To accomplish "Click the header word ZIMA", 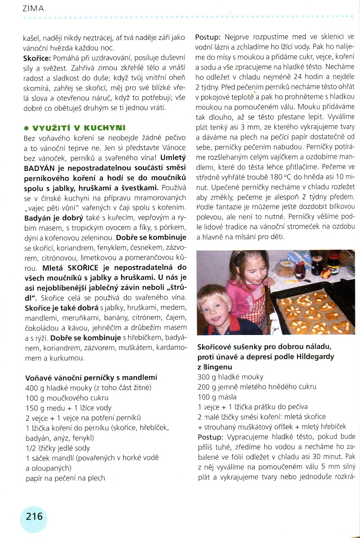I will coord(34,8).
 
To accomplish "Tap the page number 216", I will coord(34,516).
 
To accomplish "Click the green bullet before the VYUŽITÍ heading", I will coord(26,128).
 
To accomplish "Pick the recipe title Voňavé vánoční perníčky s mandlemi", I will coord(92,378).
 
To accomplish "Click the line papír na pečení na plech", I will coord(66,478).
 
